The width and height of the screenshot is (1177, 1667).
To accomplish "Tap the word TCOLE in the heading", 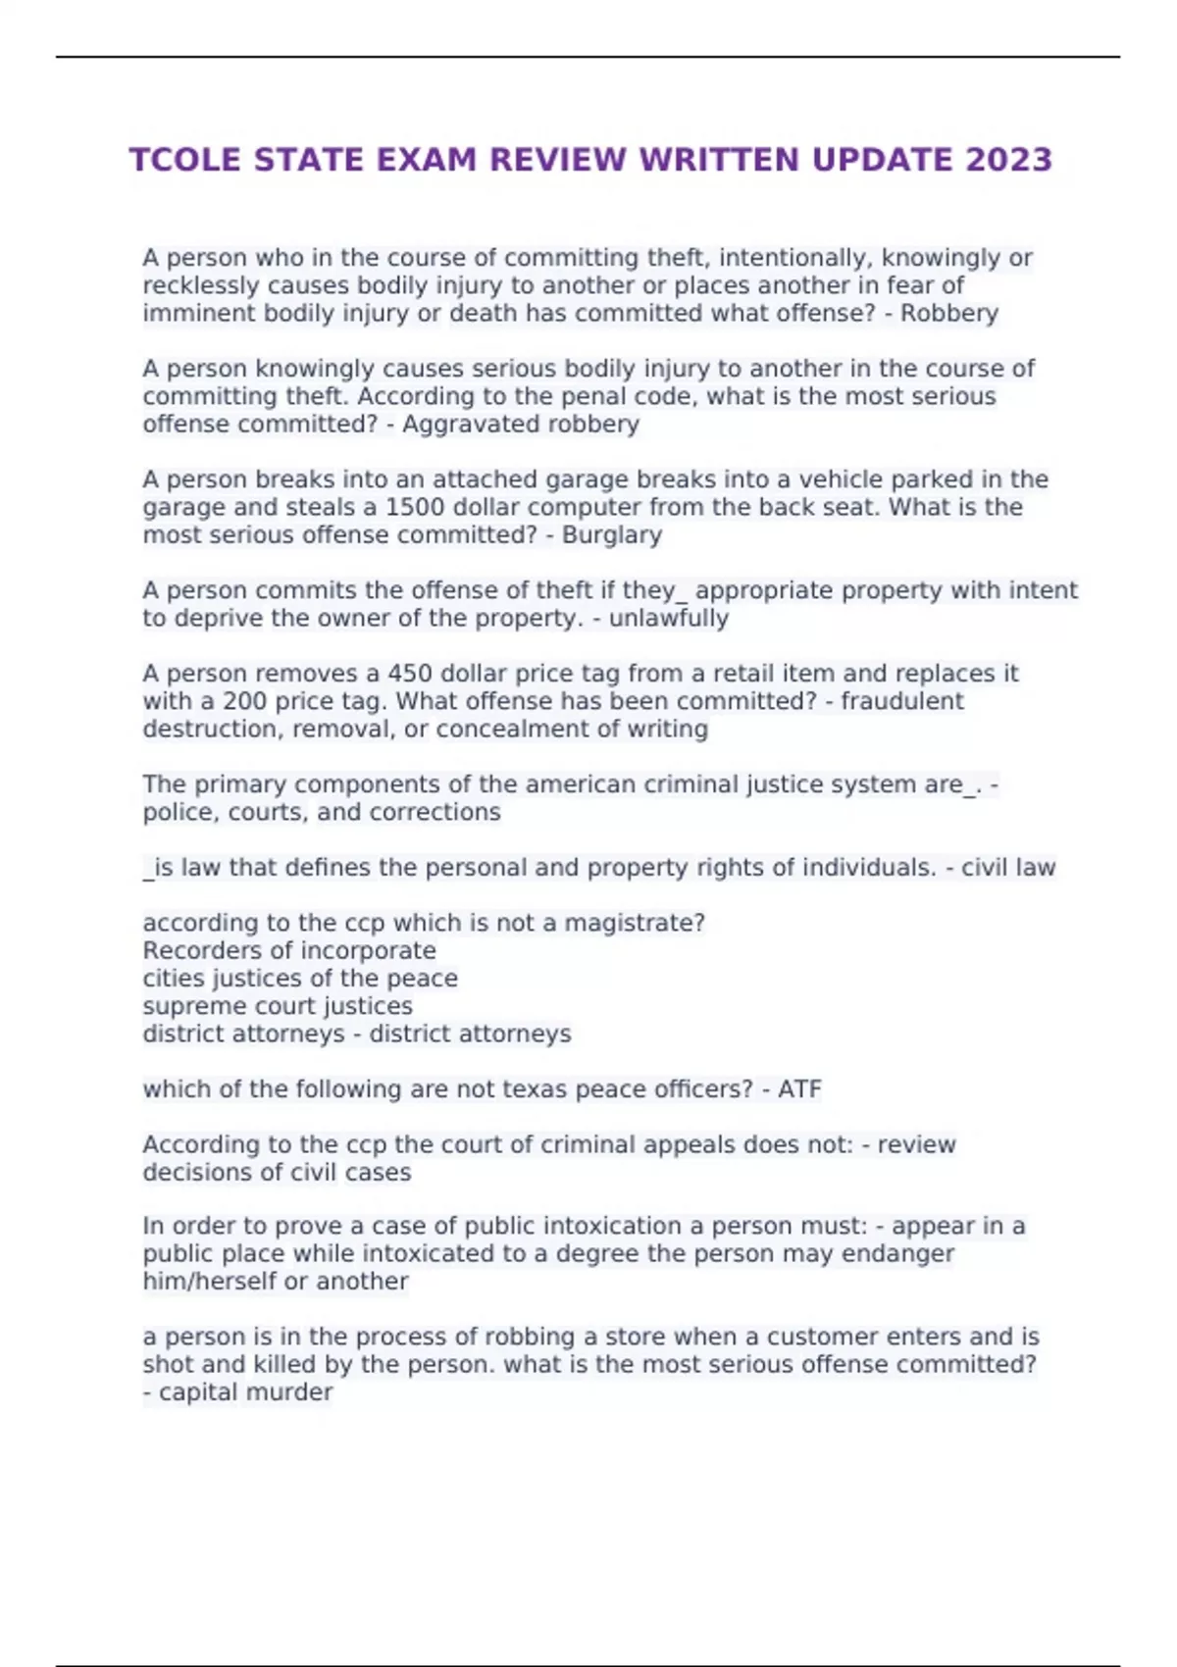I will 185,160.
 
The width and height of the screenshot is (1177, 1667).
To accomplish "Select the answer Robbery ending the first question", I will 948,314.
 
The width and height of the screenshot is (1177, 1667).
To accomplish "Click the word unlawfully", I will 668,619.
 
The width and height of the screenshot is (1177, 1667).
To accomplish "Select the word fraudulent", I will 901,702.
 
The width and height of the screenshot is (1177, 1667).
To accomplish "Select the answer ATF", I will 799,1089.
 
